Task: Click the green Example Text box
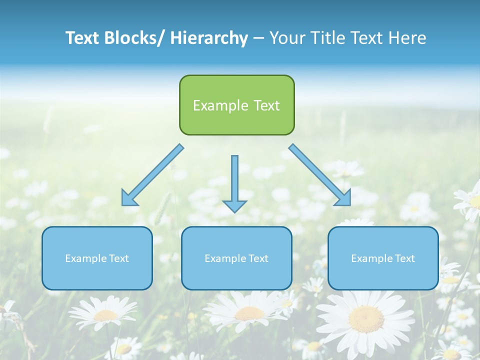(x=236, y=105)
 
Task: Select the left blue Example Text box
(x=97, y=258)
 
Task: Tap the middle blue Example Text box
(x=236, y=258)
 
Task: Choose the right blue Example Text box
(x=383, y=258)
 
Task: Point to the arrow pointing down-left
(x=153, y=175)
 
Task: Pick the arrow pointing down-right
(x=319, y=175)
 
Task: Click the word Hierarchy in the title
(x=209, y=38)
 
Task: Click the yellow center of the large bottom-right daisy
(x=366, y=318)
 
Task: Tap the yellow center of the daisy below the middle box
(x=249, y=313)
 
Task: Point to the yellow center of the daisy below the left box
(x=106, y=315)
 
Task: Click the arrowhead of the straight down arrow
(x=234, y=205)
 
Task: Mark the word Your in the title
(x=287, y=38)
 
